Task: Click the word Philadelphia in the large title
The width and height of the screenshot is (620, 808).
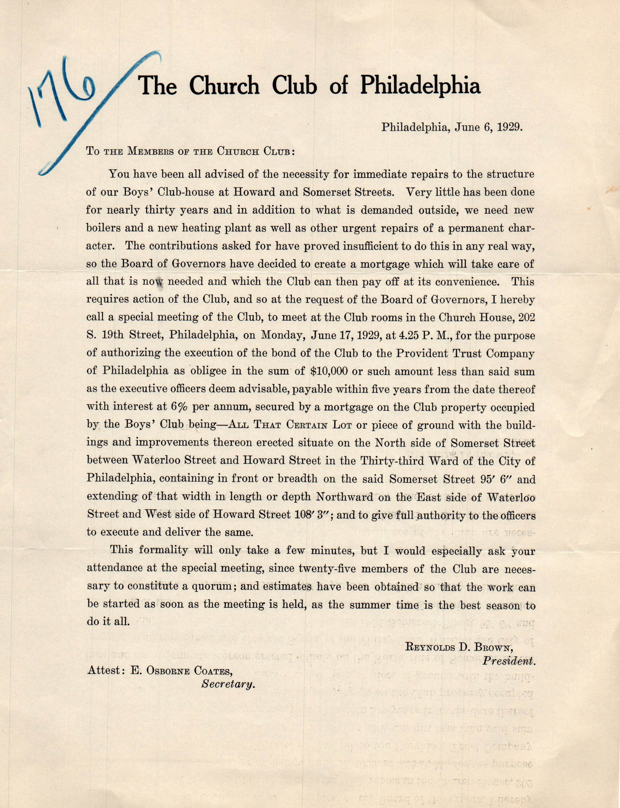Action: [x=420, y=86]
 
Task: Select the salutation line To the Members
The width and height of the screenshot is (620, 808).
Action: [x=190, y=151]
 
